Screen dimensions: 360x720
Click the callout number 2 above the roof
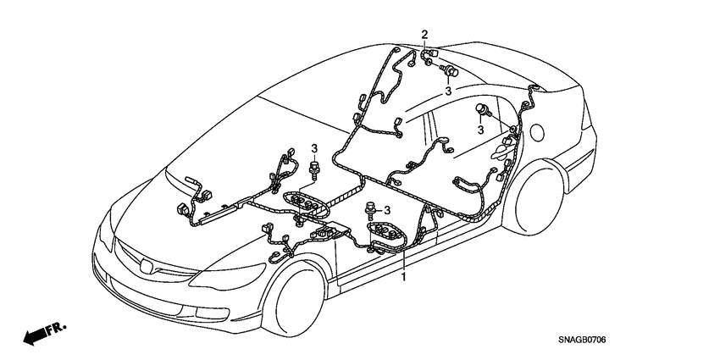(x=425, y=34)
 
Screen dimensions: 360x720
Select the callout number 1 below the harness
(x=404, y=276)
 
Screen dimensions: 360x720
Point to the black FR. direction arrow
(x=34, y=336)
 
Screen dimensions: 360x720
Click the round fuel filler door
(x=537, y=130)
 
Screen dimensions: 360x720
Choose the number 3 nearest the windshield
(x=314, y=149)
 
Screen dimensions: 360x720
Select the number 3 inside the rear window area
(x=480, y=130)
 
